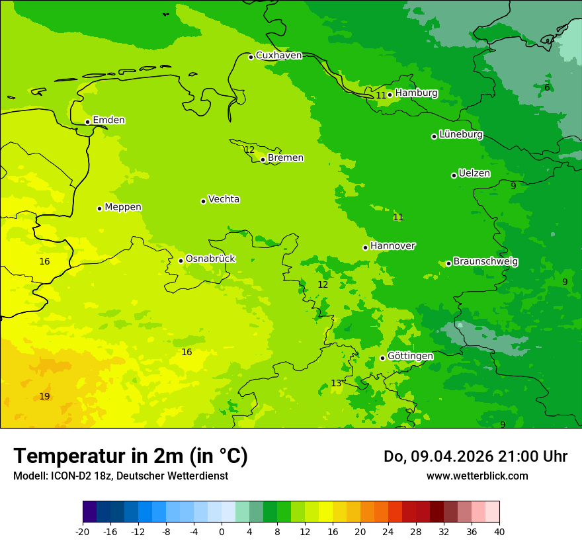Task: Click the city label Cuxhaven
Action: click(x=278, y=55)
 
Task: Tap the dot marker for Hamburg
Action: click(x=390, y=95)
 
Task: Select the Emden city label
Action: click(x=108, y=120)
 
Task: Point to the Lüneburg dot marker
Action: click(x=434, y=136)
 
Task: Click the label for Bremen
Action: click(x=286, y=157)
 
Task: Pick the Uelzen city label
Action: click(x=474, y=173)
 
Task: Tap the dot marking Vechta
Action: click(x=203, y=201)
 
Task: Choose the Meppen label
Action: click(x=123, y=207)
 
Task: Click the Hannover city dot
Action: click(x=365, y=247)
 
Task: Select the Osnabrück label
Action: click(x=210, y=259)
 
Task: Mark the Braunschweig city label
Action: click(x=485, y=261)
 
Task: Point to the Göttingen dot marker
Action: click(x=382, y=358)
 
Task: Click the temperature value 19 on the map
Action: click(x=44, y=396)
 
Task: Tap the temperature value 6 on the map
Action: click(x=547, y=87)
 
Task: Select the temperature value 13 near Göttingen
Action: click(x=336, y=383)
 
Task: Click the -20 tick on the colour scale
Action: click(x=83, y=531)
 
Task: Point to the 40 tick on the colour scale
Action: click(x=499, y=531)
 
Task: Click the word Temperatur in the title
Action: click(x=65, y=456)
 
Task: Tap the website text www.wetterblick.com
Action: click(x=477, y=476)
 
